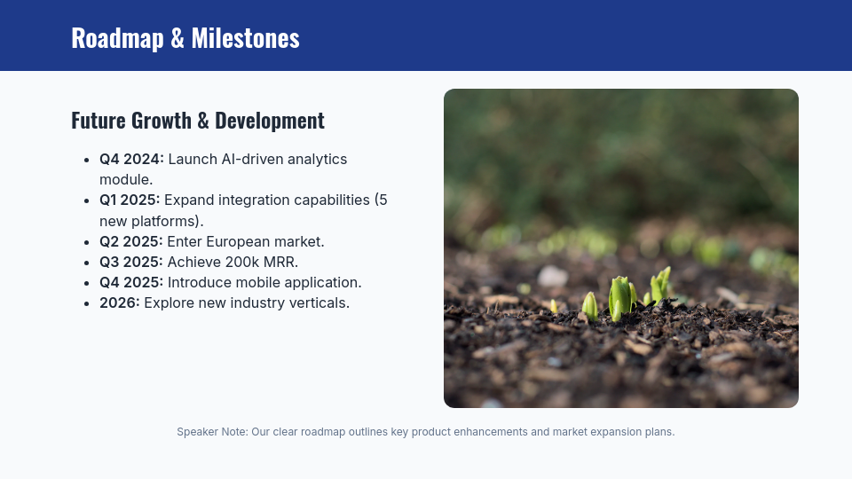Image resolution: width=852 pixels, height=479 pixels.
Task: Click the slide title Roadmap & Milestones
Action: click(185, 38)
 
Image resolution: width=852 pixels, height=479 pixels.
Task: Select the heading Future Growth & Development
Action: click(197, 121)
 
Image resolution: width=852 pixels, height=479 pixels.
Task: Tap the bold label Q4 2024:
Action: click(131, 160)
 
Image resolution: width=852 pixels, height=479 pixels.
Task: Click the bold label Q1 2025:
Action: click(130, 200)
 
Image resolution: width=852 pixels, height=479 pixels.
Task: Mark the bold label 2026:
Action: click(120, 302)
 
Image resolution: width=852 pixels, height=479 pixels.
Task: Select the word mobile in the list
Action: click(268, 282)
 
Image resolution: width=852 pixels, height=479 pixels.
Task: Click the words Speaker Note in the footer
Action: click(211, 432)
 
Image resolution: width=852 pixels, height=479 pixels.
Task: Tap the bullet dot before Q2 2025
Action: click(87, 242)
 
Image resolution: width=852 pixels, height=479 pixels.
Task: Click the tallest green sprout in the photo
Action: click(619, 298)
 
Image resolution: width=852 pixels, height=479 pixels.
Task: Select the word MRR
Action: click(283, 262)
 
